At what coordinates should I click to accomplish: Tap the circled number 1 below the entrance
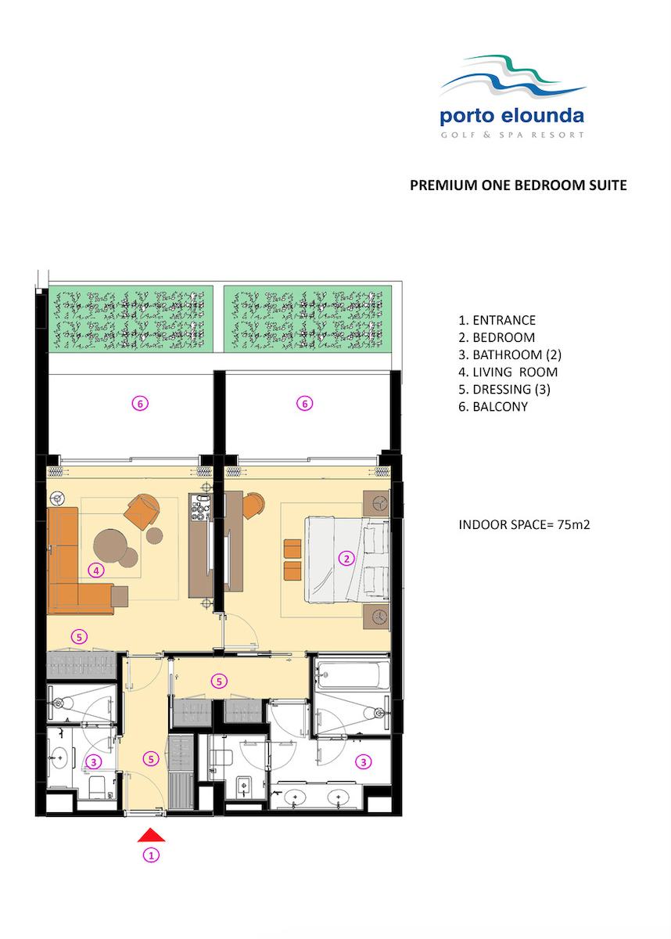151,854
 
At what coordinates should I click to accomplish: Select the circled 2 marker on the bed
346,559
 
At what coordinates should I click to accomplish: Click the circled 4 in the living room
96,570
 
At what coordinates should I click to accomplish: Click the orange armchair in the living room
142,510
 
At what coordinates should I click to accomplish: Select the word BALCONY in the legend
500,407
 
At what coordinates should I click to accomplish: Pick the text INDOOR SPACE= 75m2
524,525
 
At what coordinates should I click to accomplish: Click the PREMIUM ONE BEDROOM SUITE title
518,185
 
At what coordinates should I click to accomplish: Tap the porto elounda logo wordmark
511,116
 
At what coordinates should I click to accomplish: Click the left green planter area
131,318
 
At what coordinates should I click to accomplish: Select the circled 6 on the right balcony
304,404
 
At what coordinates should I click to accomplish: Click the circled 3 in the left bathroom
94,761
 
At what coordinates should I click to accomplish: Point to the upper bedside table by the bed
376,503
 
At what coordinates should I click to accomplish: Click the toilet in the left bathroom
97,787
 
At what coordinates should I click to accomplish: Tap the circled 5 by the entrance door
151,759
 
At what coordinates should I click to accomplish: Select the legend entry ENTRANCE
497,320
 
